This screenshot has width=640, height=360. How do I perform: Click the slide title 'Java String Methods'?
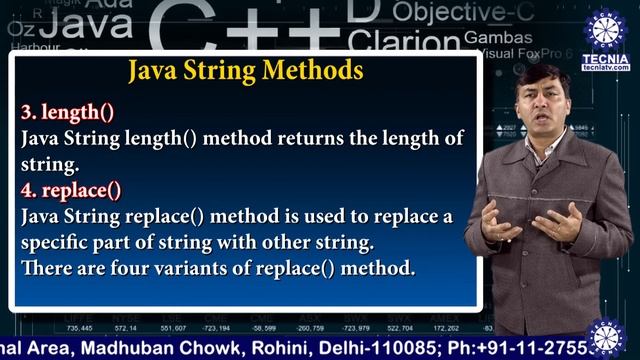[x=245, y=71]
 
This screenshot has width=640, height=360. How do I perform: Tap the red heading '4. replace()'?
[x=66, y=189]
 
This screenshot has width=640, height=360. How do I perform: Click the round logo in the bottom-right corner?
[x=606, y=338]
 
